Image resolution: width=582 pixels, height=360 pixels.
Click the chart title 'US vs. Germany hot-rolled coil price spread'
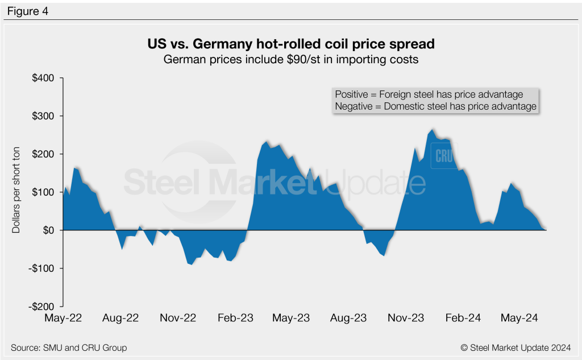pos(291,44)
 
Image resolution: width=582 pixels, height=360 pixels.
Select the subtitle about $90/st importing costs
pos(291,60)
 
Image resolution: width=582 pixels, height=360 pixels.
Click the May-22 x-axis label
pos(63,318)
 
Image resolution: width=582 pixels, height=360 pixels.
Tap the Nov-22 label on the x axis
pos(177,318)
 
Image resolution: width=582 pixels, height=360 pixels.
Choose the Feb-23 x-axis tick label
pos(235,318)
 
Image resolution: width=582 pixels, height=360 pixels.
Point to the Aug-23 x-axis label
pos(348,318)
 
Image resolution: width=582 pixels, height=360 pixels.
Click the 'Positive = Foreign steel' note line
pos(429,94)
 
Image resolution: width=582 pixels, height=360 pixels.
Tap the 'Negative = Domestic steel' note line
pos(435,106)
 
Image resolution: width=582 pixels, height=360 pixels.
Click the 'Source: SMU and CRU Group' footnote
pos(69,347)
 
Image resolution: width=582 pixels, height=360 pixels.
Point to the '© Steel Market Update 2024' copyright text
pos(516,347)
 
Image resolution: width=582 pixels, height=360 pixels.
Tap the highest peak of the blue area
pos(433,130)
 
